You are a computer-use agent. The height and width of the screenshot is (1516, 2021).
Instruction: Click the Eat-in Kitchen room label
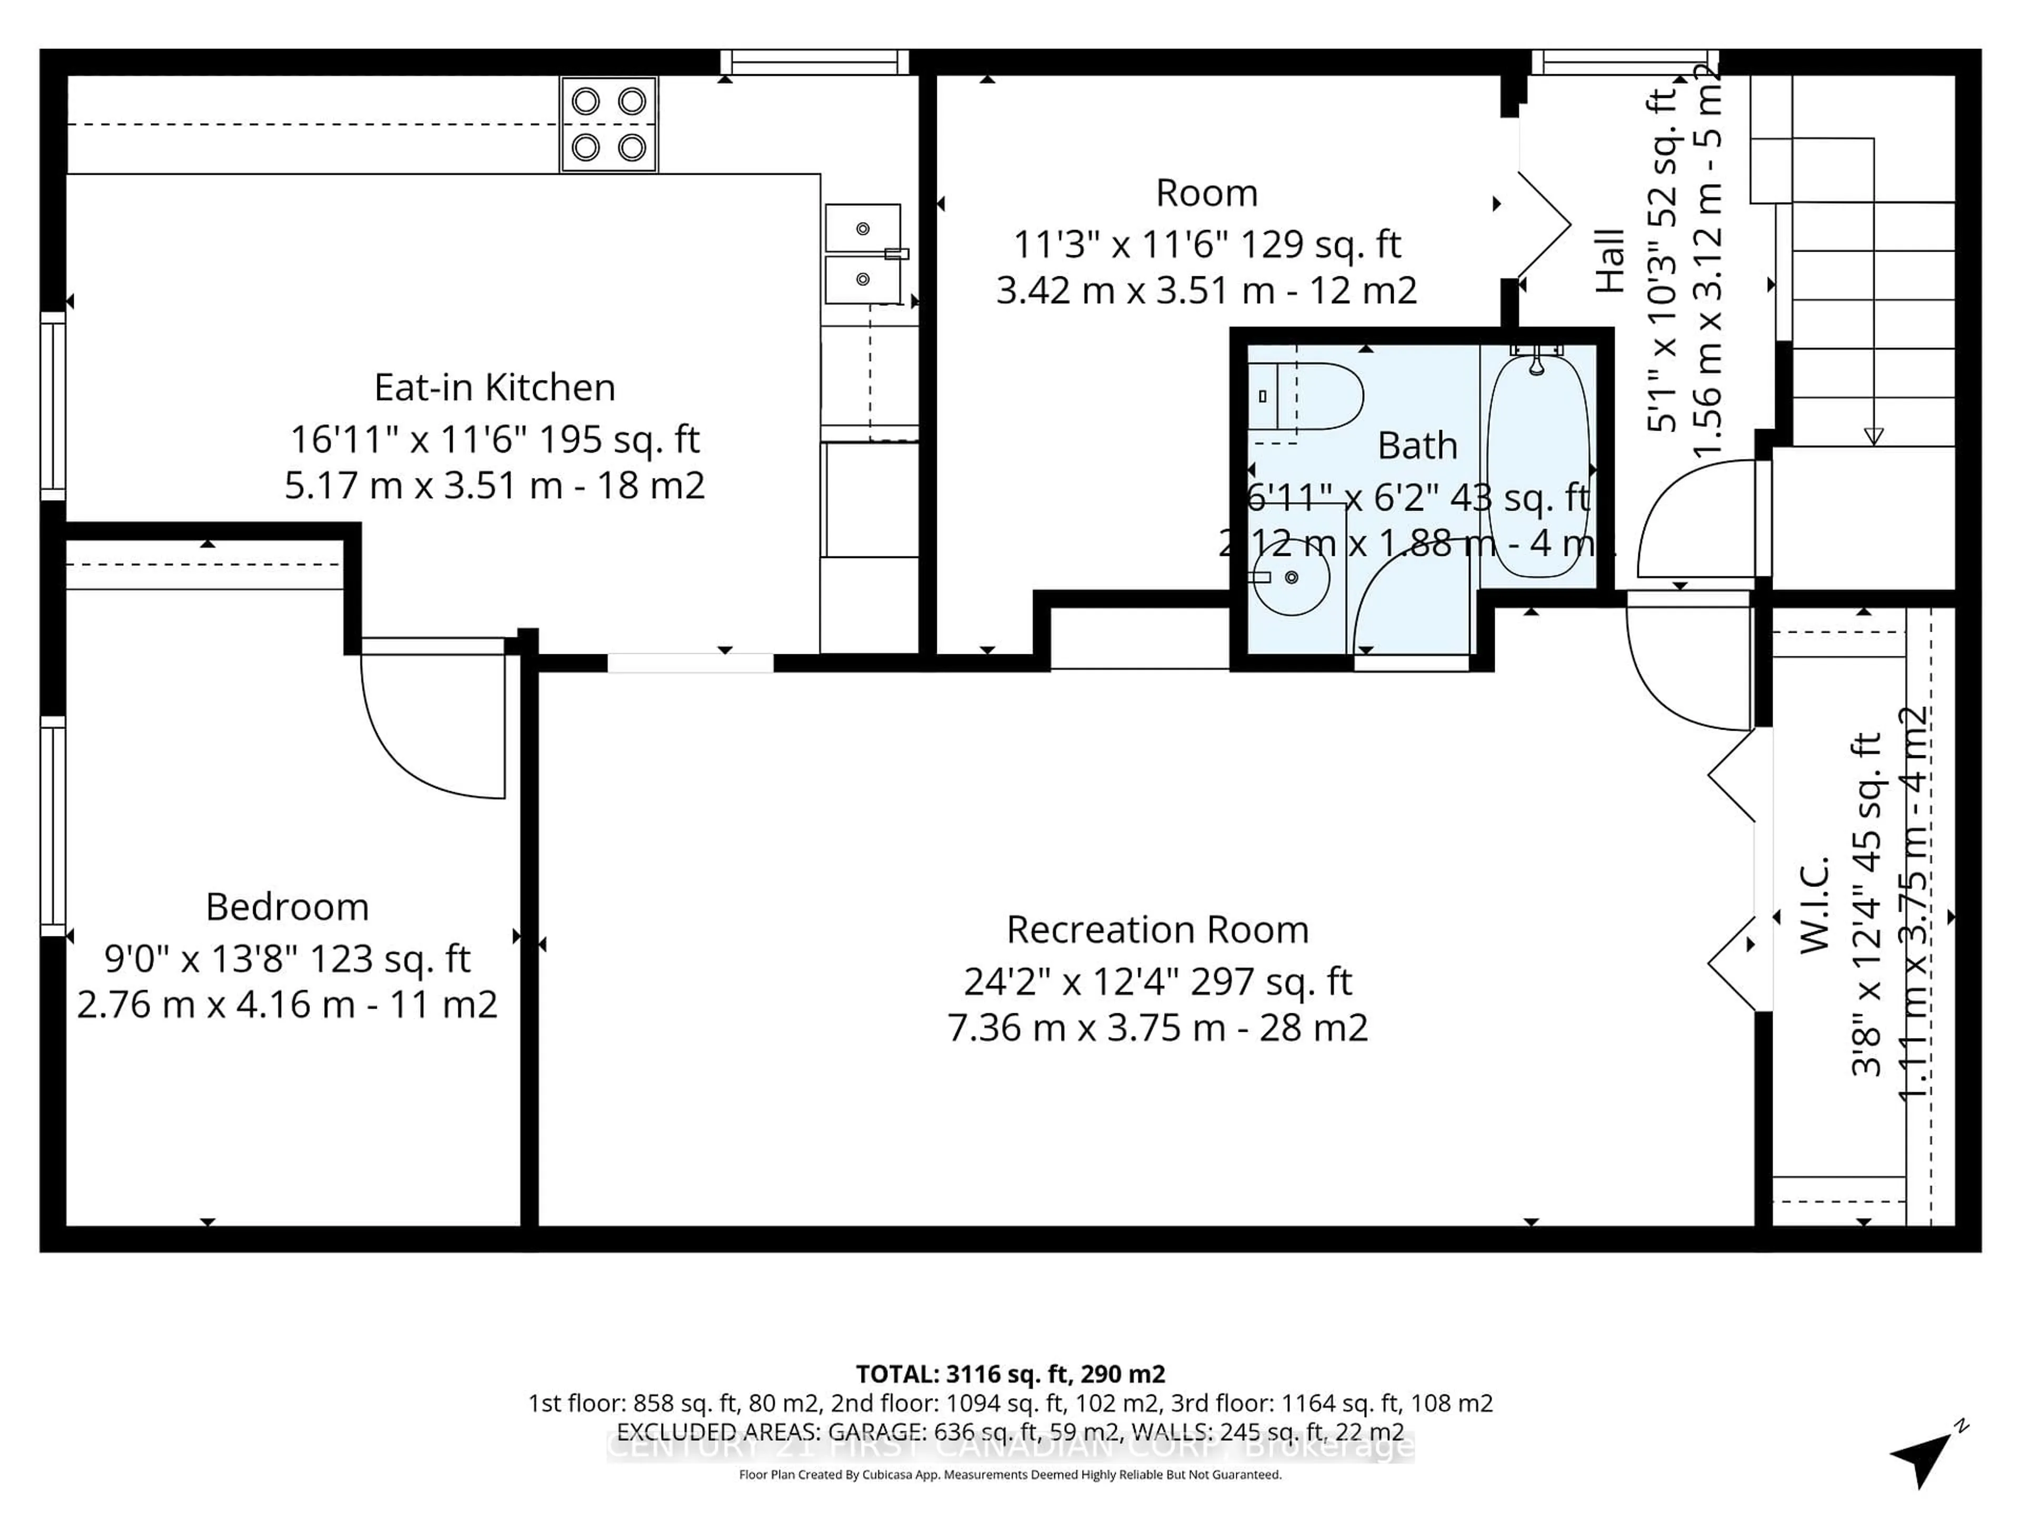click(494, 387)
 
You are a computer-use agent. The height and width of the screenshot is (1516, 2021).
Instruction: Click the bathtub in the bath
click(1538, 466)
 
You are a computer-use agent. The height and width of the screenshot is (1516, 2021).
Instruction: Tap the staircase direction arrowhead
click(1873, 437)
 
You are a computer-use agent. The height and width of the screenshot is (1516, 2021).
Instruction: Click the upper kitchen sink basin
click(863, 228)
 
